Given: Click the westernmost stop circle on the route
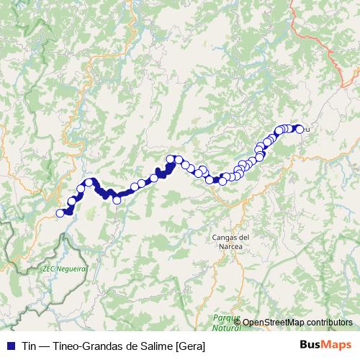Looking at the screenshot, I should click(x=60, y=212).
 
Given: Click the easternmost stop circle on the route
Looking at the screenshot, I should click(x=300, y=130).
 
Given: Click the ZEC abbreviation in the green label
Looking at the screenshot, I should click(x=49, y=268).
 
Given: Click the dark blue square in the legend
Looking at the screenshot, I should click(x=9, y=346).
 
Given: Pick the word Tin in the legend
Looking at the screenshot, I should click(x=28, y=346).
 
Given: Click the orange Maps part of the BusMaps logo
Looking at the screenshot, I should click(x=336, y=345).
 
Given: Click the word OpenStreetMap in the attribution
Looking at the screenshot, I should click(x=274, y=322).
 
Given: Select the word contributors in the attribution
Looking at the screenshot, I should click(x=330, y=322).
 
